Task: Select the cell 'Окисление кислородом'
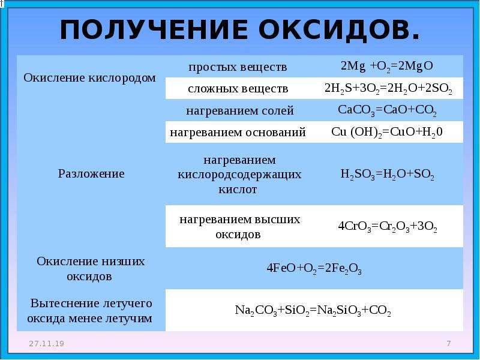click(x=89, y=78)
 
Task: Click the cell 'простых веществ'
click(x=238, y=67)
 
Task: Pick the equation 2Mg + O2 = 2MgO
click(x=387, y=66)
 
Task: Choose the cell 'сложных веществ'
click(x=238, y=89)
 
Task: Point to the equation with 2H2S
click(x=388, y=89)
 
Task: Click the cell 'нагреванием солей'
click(x=240, y=110)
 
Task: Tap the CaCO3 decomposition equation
click(x=387, y=110)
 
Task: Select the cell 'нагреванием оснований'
click(x=238, y=132)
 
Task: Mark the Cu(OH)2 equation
click(x=387, y=132)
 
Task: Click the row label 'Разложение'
click(x=91, y=174)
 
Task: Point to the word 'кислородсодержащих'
click(x=239, y=175)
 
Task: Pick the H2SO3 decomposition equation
click(x=387, y=175)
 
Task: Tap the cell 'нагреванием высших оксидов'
click(x=239, y=227)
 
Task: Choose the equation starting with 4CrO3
click(x=387, y=227)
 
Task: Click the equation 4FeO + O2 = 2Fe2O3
click(x=314, y=268)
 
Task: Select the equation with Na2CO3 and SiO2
click(x=313, y=310)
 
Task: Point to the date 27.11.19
click(x=47, y=343)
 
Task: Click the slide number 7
click(x=448, y=343)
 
